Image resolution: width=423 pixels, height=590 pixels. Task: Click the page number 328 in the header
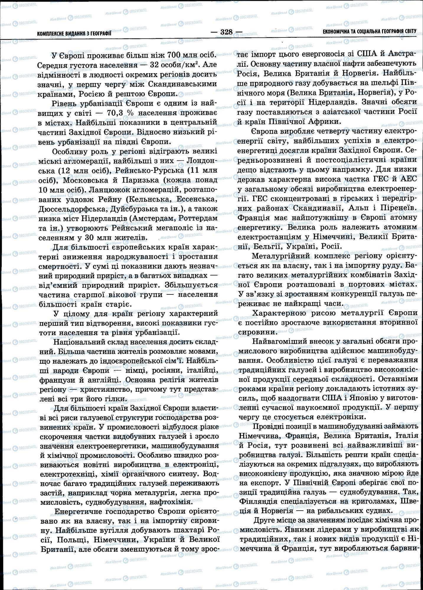(x=226, y=32)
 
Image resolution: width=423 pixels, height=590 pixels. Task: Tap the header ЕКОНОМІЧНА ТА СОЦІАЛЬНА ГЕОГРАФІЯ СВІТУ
(x=370, y=32)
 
